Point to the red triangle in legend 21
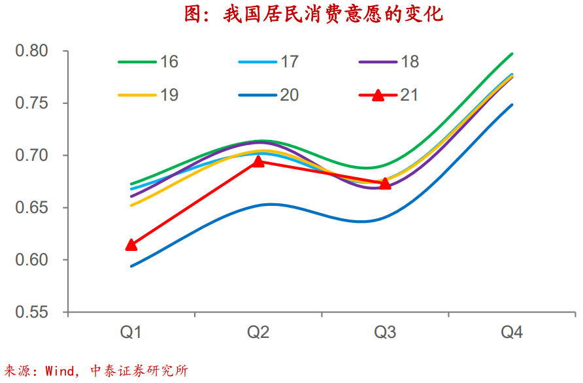tap(378, 95)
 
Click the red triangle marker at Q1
tap(131, 244)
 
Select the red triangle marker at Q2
tap(258, 161)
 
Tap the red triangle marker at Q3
tap(385, 184)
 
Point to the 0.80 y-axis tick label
tap(31, 51)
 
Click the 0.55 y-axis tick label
tap(31, 312)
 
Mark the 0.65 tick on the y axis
tap(31, 208)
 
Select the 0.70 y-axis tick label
tap(31, 156)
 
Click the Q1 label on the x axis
tap(131, 333)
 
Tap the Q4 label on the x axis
tap(512, 333)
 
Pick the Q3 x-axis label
tap(385, 333)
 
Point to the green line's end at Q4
tap(512, 54)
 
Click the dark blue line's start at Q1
tap(131, 266)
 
